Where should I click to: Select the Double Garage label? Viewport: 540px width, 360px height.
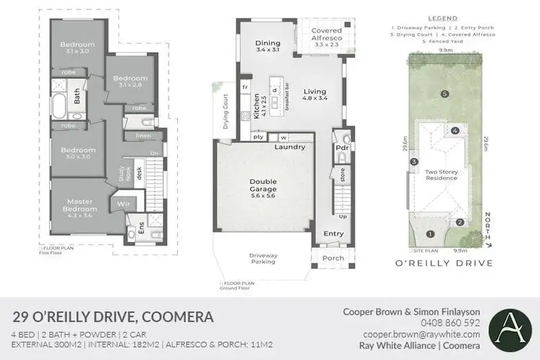coord(264,186)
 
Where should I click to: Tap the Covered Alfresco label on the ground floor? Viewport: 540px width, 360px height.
coord(326,35)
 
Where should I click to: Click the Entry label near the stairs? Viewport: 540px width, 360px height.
coord(333,233)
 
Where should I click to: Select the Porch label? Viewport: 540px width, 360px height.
coord(333,258)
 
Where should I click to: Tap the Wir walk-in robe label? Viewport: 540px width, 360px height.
coord(123,204)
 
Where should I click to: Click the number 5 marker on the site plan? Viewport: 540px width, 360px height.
coord(445,94)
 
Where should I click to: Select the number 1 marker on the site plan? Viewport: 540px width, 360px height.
coord(430,233)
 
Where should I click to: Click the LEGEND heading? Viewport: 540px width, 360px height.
coord(441,17)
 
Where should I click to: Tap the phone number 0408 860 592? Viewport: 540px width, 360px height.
coord(451,323)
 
